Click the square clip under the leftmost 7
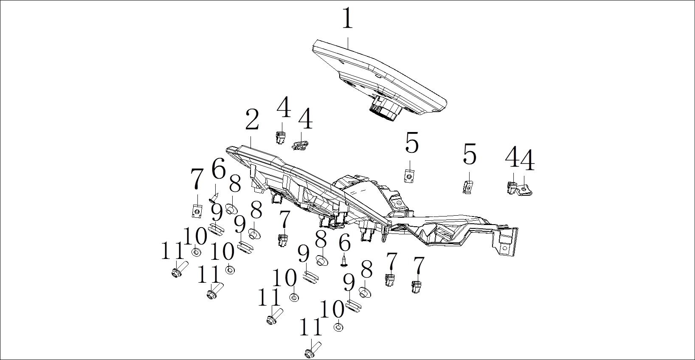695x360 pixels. coord(197,211)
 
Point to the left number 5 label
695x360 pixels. coord(411,143)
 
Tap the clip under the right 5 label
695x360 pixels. coord(468,186)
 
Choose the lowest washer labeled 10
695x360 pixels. coord(338,327)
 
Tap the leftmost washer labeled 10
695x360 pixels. coord(196,253)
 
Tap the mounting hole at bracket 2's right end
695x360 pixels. coord(505,247)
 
